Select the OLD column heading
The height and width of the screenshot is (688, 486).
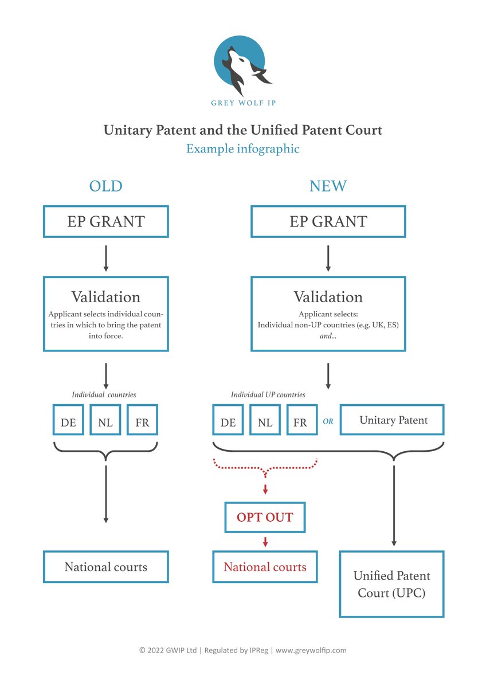click(x=106, y=186)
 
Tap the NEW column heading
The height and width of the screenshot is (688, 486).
click(x=328, y=186)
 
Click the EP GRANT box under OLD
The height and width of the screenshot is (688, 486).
click(x=106, y=221)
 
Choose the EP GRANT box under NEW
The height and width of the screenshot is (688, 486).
click(x=328, y=221)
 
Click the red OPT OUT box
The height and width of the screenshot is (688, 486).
click(x=265, y=517)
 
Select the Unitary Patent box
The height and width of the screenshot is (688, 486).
click(x=393, y=420)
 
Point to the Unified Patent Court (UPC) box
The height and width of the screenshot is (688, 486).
click(x=391, y=584)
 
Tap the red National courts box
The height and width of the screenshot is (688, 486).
click(x=265, y=567)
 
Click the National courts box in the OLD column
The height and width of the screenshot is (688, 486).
click(x=106, y=567)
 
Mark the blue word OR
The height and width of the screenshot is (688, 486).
click(x=328, y=421)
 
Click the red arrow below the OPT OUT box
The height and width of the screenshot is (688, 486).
click(x=265, y=542)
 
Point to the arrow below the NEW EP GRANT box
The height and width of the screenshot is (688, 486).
click(x=328, y=258)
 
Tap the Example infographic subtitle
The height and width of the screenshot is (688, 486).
click(x=242, y=148)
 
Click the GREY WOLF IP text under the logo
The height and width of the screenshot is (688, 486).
click(x=242, y=103)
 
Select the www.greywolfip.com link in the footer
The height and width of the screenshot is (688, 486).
click(x=311, y=650)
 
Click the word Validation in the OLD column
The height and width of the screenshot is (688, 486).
click(x=106, y=296)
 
